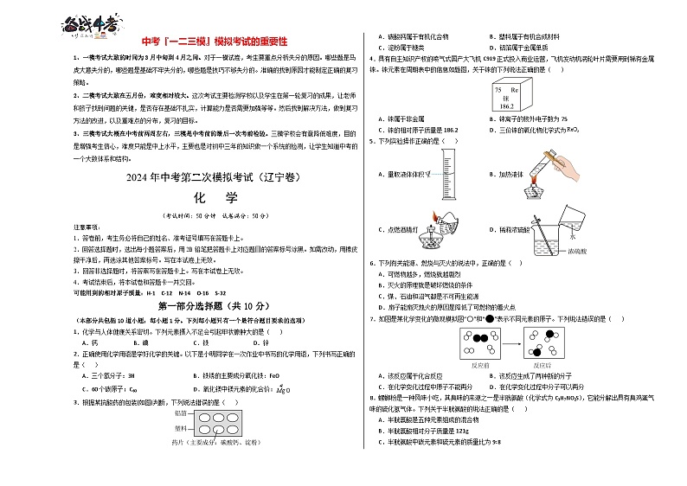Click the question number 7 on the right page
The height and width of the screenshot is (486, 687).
point(371,318)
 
